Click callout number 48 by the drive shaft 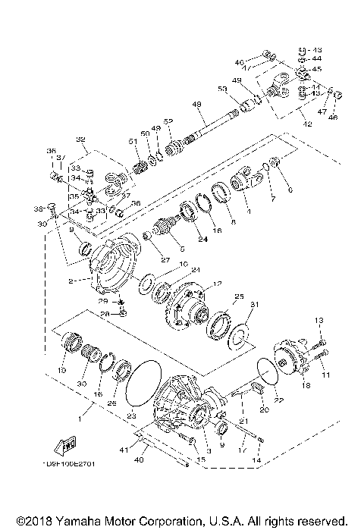click(x=196, y=105)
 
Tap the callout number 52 click(x=169, y=121)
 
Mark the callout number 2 click(x=71, y=281)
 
